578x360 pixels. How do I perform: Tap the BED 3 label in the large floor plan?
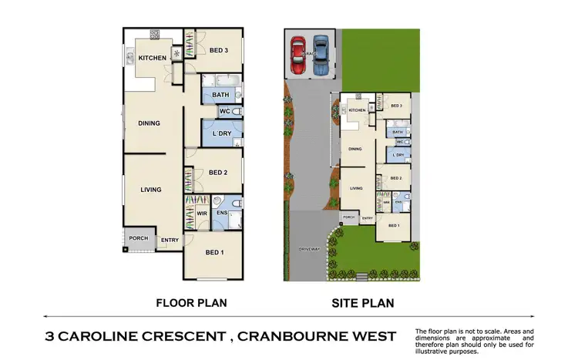point(219,51)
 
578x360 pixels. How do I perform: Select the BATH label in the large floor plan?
point(221,96)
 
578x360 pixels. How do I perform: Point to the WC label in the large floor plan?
point(226,112)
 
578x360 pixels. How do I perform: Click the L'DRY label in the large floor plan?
point(222,135)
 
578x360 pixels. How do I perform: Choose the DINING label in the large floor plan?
point(150,123)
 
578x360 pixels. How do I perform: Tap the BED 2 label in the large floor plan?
point(218,173)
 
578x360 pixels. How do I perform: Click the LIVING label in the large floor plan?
point(151,190)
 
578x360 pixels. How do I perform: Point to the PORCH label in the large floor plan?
point(139,238)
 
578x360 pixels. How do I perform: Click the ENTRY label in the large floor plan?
point(168,241)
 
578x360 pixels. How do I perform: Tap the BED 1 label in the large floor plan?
point(216,252)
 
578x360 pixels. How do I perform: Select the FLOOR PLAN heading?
point(191,303)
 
